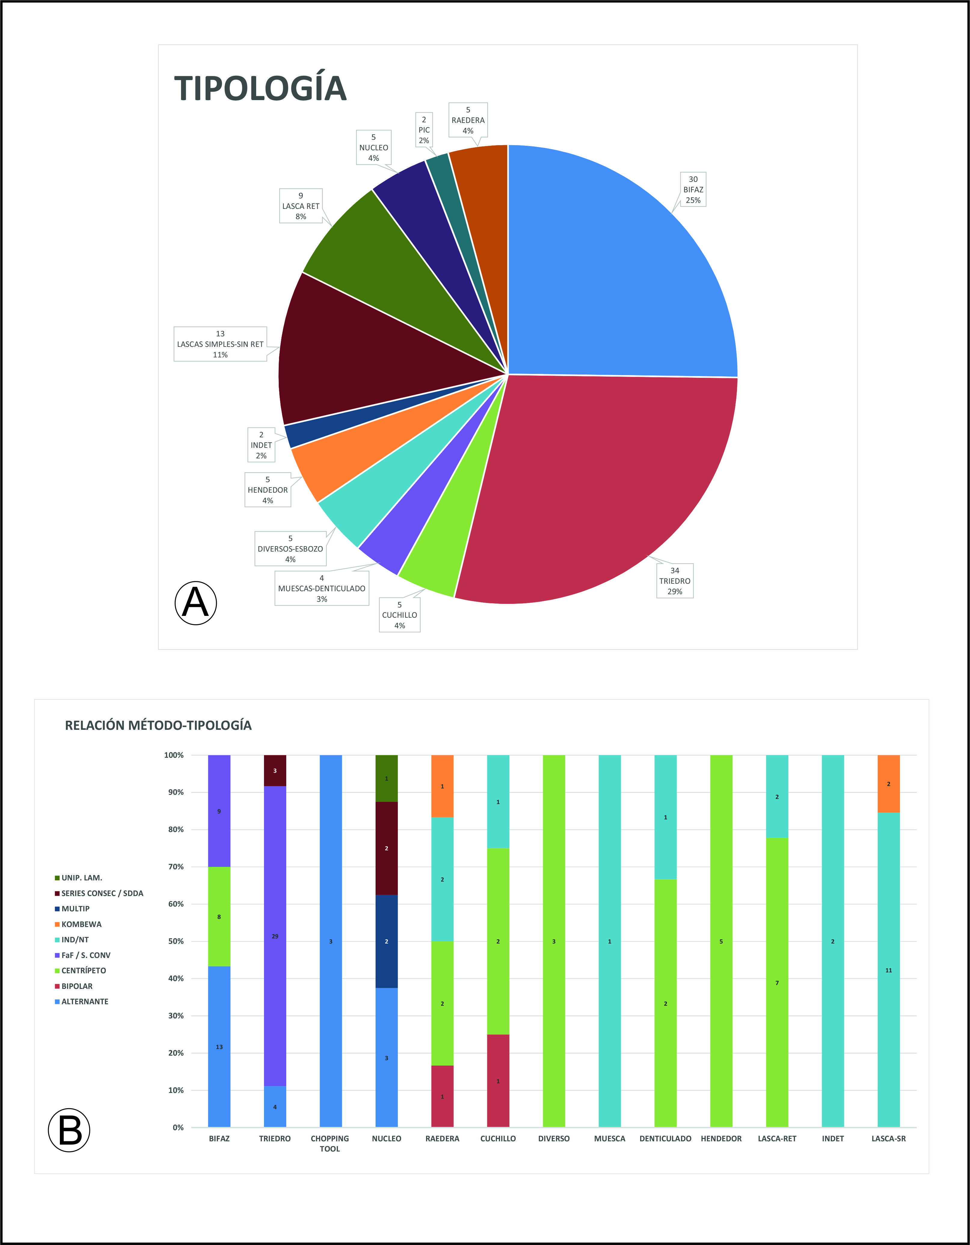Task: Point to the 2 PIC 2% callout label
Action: (424, 130)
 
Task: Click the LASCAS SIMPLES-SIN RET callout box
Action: (220, 344)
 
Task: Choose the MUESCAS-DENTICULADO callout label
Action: (322, 588)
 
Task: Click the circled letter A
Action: (196, 603)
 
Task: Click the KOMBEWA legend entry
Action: (81, 924)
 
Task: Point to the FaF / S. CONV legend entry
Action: (85, 955)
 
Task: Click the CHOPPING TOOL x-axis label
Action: (330, 1143)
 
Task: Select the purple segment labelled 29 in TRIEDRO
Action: (275, 936)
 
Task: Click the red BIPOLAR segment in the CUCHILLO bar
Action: (498, 1081)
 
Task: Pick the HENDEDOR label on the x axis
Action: (721, 1138)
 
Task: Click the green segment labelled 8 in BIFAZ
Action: (219, 917)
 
